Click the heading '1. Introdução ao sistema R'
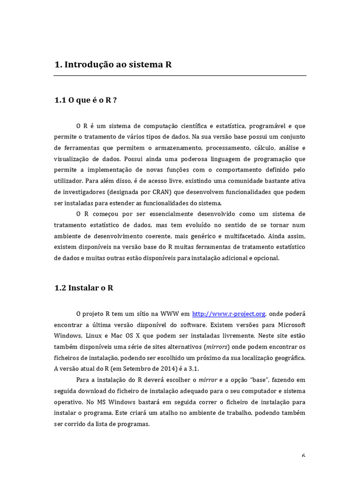click(x=113, y=65)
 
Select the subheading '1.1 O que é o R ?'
click(x=85, y=100)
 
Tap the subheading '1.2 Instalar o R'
click(x=84, y=288)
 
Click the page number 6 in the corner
click(x=304, y=456)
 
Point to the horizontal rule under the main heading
click(x=180, y=76)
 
